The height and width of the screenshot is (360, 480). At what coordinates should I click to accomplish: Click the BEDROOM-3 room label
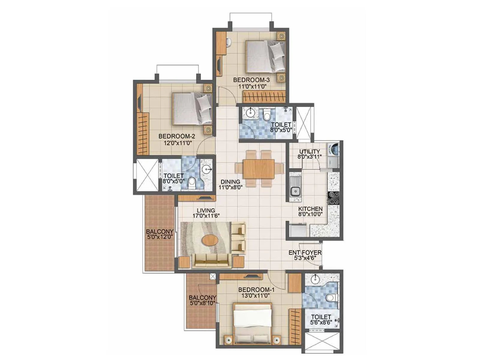[251, 80]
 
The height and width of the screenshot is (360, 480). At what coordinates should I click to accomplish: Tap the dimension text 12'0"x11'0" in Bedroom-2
[175, 143]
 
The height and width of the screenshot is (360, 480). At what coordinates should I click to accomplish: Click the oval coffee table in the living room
[210, 240]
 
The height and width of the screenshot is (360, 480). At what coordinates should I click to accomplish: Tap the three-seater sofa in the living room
[211, 261]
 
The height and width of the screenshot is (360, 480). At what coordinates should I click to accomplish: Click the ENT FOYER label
[305, 253]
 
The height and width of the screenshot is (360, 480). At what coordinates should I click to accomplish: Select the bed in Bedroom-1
[253, 324]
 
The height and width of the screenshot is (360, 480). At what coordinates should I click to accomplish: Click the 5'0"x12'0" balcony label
[160, 237]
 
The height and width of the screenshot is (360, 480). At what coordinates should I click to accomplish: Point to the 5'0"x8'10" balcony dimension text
[202, 303]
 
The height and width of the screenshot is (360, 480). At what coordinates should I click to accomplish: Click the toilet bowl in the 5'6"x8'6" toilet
[330, 298]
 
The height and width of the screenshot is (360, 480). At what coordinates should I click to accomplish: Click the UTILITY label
[309, 151]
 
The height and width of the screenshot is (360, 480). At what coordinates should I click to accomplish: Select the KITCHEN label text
[310, 209]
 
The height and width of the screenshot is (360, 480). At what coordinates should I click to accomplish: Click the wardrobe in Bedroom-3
[263, 97]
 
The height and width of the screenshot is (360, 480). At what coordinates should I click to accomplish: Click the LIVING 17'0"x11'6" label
[206, 213]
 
